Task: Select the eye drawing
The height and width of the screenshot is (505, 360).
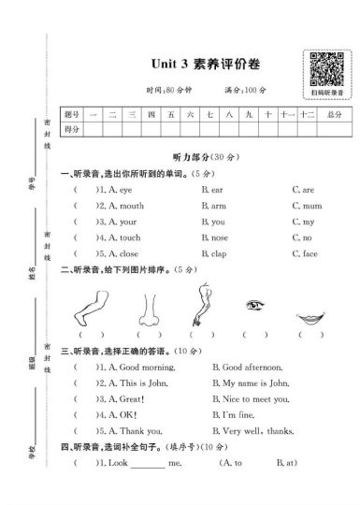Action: [x=252, y=305]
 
